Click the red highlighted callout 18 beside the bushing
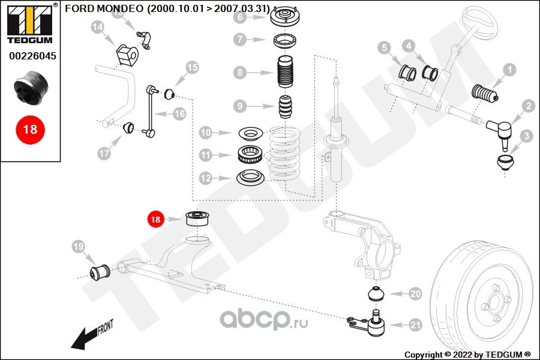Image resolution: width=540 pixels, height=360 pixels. [155, 220]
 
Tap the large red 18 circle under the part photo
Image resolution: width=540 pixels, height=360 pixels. [30, 129]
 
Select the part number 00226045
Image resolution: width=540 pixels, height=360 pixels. [32, 56]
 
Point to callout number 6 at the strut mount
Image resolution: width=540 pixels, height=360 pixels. [240, 17]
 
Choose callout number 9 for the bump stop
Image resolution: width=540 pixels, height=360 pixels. [240, 106]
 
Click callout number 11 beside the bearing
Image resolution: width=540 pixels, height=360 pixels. [206, 155]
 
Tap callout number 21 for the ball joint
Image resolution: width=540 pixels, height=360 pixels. [416, 325]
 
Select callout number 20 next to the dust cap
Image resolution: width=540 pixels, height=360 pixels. [416, 294]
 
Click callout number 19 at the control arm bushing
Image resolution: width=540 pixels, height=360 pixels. [77, 246]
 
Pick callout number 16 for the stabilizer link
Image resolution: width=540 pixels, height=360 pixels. [179, 113]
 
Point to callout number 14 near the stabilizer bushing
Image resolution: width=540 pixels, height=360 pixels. [98, 26]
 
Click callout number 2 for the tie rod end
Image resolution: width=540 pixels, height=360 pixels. [529, 106]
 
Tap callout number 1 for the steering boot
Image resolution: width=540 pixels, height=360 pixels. [509, 70]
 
